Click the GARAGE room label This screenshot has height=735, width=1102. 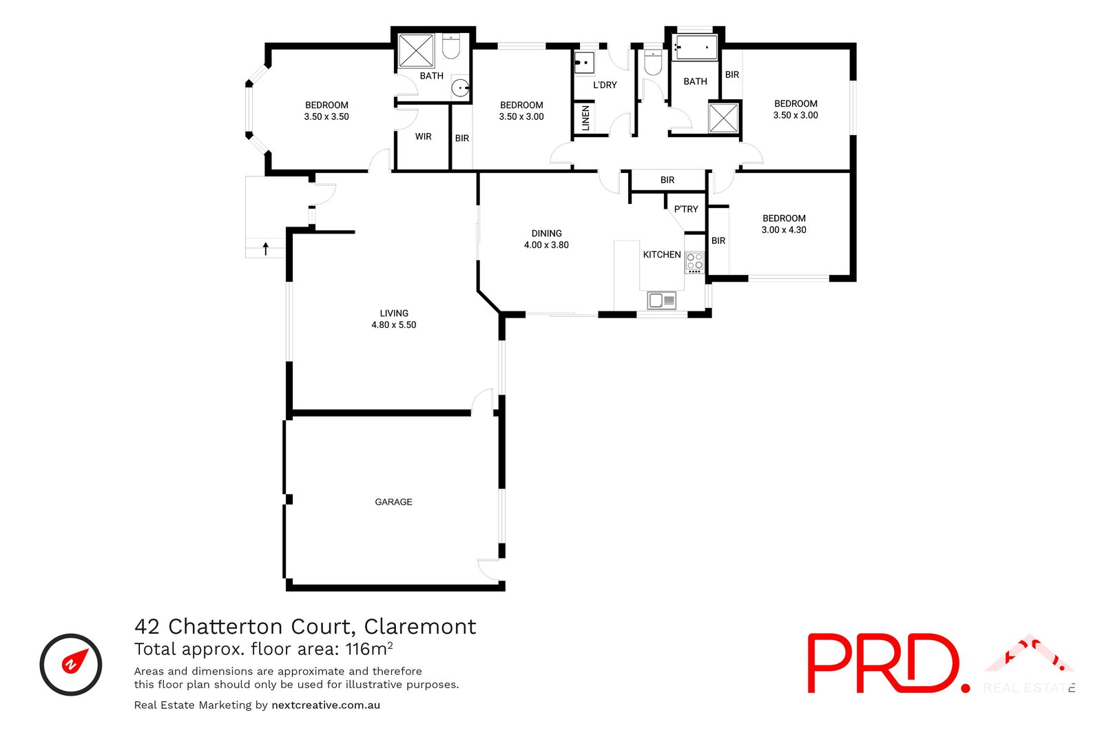pyautogui.click(x=393, y=502)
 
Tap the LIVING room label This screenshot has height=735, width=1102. pyautogui.click(x=394, y=313)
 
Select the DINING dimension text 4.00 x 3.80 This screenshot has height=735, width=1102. pyautogui.click(x=546, y=245)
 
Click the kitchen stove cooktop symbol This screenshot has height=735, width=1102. pyautogui.click(x=694, y=262)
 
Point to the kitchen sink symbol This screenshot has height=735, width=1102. pyautogui.click(x=661, y=300)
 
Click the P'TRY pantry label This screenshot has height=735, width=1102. pyautogui.click(x=686, y=209)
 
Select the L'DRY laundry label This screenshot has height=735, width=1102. pyautogui.click(x=605, y=85)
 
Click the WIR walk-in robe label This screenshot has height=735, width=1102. pyautogui.click(x=423, y=137)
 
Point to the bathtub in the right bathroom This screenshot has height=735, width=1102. pyautogui.click(x=695, y=48)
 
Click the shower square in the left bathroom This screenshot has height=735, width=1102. pyautogui.click(x=416, y=50)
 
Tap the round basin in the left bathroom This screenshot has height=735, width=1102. pyautogui.click(x=460, y=88)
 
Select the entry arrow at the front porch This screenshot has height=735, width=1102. pyautogui.click(x=266, y=249)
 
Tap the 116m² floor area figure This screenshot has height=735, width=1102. pyautogui.click(x=369, y=649)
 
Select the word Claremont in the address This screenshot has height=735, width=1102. pyautogui.click(x=420, y=627)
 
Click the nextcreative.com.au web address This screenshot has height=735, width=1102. pyautogui.click(x=326, y=705)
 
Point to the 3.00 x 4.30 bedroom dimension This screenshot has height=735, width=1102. pyautogui.click(x=784, y=230)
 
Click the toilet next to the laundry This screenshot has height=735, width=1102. pyautogui.click(x=652, y=63)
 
